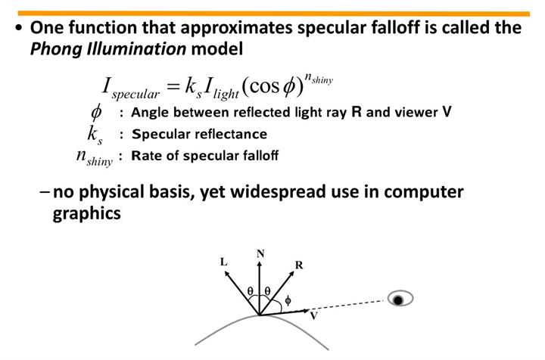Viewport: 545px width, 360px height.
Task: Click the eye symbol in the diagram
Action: coord(400,299)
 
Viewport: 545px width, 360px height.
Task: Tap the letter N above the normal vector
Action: coord(260,254)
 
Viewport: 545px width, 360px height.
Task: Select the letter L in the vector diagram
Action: coord(223,262)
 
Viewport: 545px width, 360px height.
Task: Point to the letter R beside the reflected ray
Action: coord(300,265)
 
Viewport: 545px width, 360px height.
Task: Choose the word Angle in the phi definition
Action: coord(151,113)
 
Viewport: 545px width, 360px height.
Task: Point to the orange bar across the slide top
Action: coord(272,13)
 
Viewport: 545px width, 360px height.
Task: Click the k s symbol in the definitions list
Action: coord(94,135)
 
